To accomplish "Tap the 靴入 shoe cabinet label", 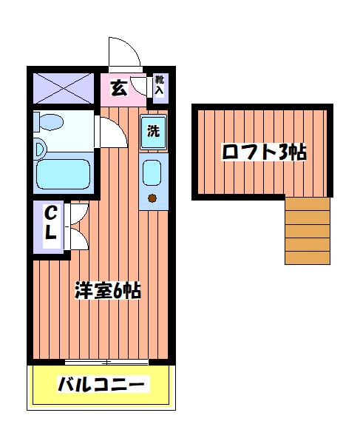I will point(160,86).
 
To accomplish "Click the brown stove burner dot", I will point(153,198).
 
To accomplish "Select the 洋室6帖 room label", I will point(108,290).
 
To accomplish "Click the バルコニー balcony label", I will point(103,386).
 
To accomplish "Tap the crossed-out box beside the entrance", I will point(64,88).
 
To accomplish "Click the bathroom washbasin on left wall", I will point(38,149).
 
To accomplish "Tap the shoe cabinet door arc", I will point(143,85).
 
